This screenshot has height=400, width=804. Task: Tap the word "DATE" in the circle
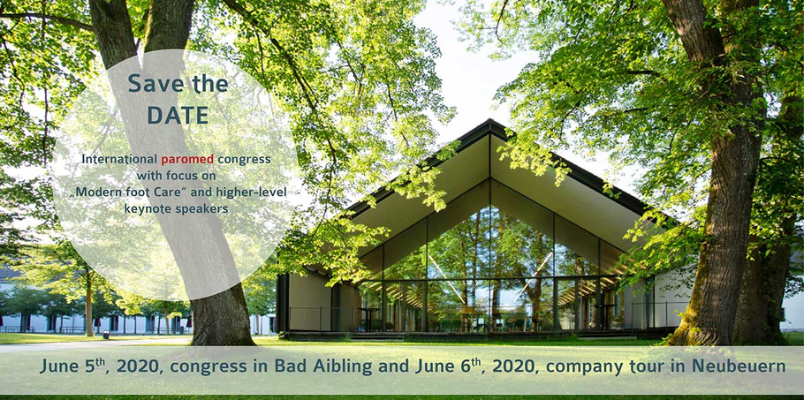(x=178, y=116)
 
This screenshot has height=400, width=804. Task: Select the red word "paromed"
(x=187, y=159)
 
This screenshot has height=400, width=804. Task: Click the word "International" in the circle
(x=119, y=159)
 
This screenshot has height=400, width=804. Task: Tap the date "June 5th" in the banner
(x=72, y=366)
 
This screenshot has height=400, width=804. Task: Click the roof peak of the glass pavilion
(x=490, y=120)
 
